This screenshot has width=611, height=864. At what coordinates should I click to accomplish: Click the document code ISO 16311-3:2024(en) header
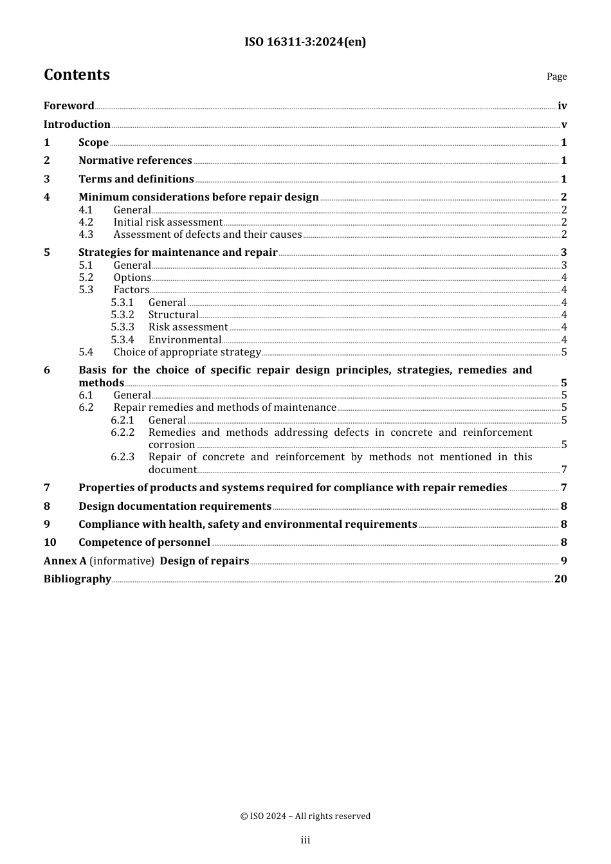[x=305, y=42]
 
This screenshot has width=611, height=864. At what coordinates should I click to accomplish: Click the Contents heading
[x=77, y=75]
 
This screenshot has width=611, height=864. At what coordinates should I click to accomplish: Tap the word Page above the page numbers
[x=556, y=76]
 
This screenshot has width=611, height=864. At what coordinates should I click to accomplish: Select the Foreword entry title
[x=69, y=106]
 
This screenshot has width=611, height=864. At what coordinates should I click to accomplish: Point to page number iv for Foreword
[x=562, y=106]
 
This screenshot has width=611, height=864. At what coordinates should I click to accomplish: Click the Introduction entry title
[x=77, y=125]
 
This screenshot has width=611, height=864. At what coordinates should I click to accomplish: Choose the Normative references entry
[x=135, y=161]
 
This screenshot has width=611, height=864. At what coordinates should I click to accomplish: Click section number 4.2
[x=86, y=222]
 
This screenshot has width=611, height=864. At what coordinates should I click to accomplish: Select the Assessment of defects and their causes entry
[x=208, y=235]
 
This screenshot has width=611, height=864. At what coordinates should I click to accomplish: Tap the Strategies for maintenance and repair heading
[x=178, y=253]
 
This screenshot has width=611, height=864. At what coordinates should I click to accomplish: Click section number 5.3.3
[x=122, y=327]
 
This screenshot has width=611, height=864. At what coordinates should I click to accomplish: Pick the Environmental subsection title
[x=185, y=340]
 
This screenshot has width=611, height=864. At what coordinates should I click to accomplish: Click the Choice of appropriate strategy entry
[x=187, y=352]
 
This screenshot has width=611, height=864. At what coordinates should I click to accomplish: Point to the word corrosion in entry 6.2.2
[x=172, y=445]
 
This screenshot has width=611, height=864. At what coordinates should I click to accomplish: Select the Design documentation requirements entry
[x=175, y=507]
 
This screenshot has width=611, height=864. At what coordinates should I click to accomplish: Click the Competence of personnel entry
[x=145, y=543]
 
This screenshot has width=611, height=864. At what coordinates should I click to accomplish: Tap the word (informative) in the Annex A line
[x=122, y=561]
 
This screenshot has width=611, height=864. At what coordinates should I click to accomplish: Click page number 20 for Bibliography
[x=561, y=579]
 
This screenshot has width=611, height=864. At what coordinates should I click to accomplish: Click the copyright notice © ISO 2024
[x=305, y=816]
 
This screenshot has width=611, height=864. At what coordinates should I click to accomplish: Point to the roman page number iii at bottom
[x=305, y=840]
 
